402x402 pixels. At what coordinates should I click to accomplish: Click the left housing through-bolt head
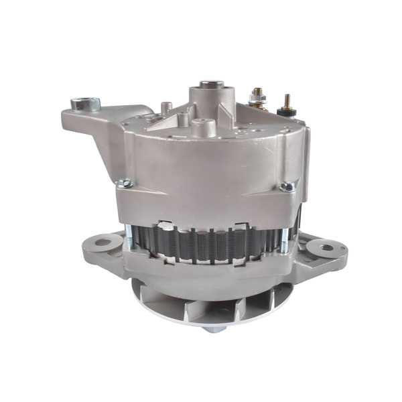coord(123,182)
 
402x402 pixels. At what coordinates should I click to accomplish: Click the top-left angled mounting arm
coord(100,127)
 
